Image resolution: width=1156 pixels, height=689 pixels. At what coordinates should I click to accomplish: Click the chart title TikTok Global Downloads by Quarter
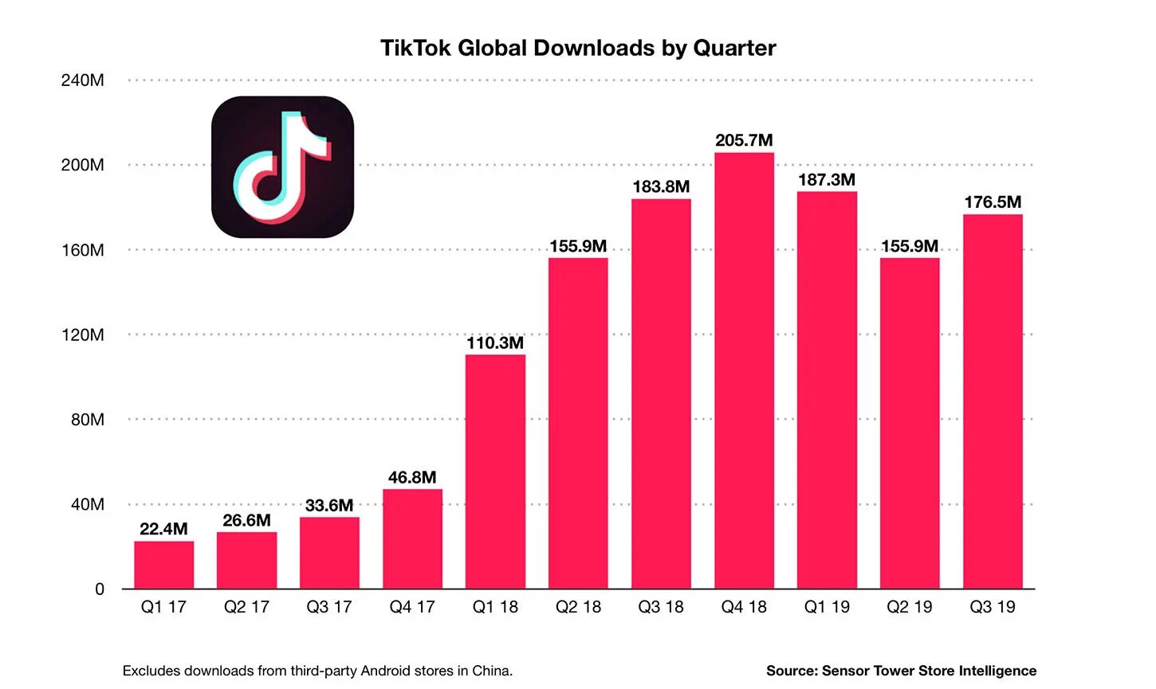click(578, 48)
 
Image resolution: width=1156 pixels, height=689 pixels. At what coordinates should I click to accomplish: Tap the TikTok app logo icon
click(282, 167)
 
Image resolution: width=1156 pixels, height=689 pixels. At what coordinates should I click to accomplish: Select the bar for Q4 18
click(744, 370)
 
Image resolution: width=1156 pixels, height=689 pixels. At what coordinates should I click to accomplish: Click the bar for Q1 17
click(163, 565)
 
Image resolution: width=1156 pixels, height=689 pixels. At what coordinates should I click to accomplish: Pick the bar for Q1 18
click(495, 472)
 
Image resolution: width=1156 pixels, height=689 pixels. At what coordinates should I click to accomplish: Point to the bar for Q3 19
click(993, 401)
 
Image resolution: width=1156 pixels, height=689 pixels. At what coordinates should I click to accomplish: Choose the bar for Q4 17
click(412, 538)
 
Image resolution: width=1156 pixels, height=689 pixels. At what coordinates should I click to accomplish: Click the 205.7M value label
click(744, 140)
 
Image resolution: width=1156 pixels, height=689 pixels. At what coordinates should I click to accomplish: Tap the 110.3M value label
click(495, 343)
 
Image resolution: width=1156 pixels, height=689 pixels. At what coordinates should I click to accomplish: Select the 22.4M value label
click(163, 529)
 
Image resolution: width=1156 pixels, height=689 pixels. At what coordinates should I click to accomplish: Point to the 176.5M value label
click(993, 202)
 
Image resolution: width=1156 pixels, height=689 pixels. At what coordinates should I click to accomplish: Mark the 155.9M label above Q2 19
click(910, 246)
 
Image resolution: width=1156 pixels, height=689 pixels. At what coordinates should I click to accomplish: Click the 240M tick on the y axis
click(82, 80)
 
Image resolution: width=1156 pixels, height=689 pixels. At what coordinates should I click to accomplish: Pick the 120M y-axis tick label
click(82, 335)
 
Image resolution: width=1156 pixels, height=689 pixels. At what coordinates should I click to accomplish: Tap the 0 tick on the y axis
click(100, 589)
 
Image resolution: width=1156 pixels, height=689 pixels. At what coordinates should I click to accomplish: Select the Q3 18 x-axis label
click(661, 607)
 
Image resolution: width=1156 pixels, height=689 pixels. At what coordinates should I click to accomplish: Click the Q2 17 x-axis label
click(246, 607)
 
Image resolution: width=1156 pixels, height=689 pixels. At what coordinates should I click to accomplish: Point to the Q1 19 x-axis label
click(827, 607)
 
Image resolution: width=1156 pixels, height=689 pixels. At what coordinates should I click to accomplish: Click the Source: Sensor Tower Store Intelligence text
click(901, 671)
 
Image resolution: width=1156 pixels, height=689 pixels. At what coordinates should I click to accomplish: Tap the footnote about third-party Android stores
click(317, 671)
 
